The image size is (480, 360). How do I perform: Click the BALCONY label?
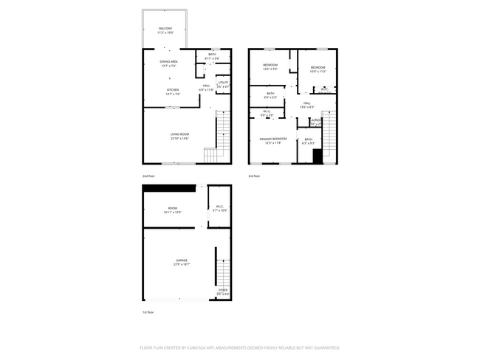click(x=165, y=29)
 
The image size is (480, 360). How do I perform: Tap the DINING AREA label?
click(x=169, y=61)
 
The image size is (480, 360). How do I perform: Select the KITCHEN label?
click(x=172, y=90)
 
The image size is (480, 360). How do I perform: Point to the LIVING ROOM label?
click(x=179, y=134)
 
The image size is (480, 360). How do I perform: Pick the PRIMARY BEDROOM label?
click(x=273, y=139)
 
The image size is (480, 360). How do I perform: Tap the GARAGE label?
click(x=181, y=260)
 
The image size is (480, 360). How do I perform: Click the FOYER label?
click(x=223, y=290)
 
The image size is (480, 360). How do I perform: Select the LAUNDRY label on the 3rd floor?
click(x=317, y=120)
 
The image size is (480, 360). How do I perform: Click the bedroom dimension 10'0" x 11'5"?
click(x=318, y=72)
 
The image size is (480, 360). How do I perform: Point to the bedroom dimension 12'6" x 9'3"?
click(x=270, y=69)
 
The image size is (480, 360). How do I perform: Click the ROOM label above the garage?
click(x=172, y=209)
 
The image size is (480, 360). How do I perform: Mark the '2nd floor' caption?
click(x=149, y=176)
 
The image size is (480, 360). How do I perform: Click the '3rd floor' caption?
click(x=254, y=176)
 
